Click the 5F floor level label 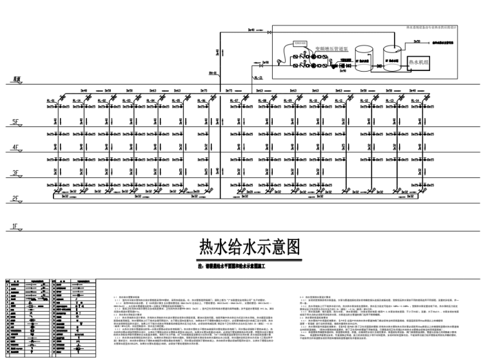coord(15,121)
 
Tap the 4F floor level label coord(15,147)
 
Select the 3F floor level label coord(15,173)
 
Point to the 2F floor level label coord(15,199)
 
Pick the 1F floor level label coord(15,226)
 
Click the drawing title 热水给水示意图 coord(245,246)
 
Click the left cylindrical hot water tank coord(362,58)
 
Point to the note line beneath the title coord(245,265)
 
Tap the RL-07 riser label coord(235,101)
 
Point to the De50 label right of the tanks coord(417,41)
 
